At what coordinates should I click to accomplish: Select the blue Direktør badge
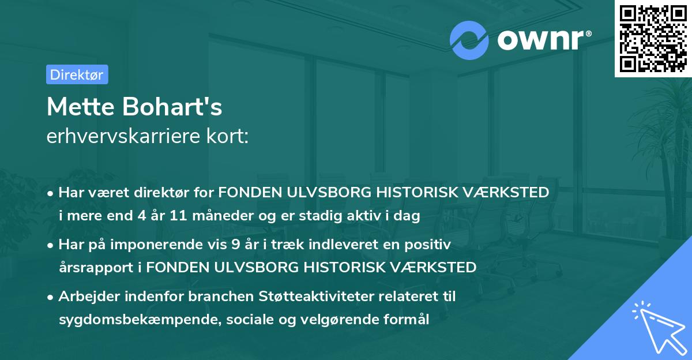77,74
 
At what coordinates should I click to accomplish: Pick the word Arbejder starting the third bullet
86,297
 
